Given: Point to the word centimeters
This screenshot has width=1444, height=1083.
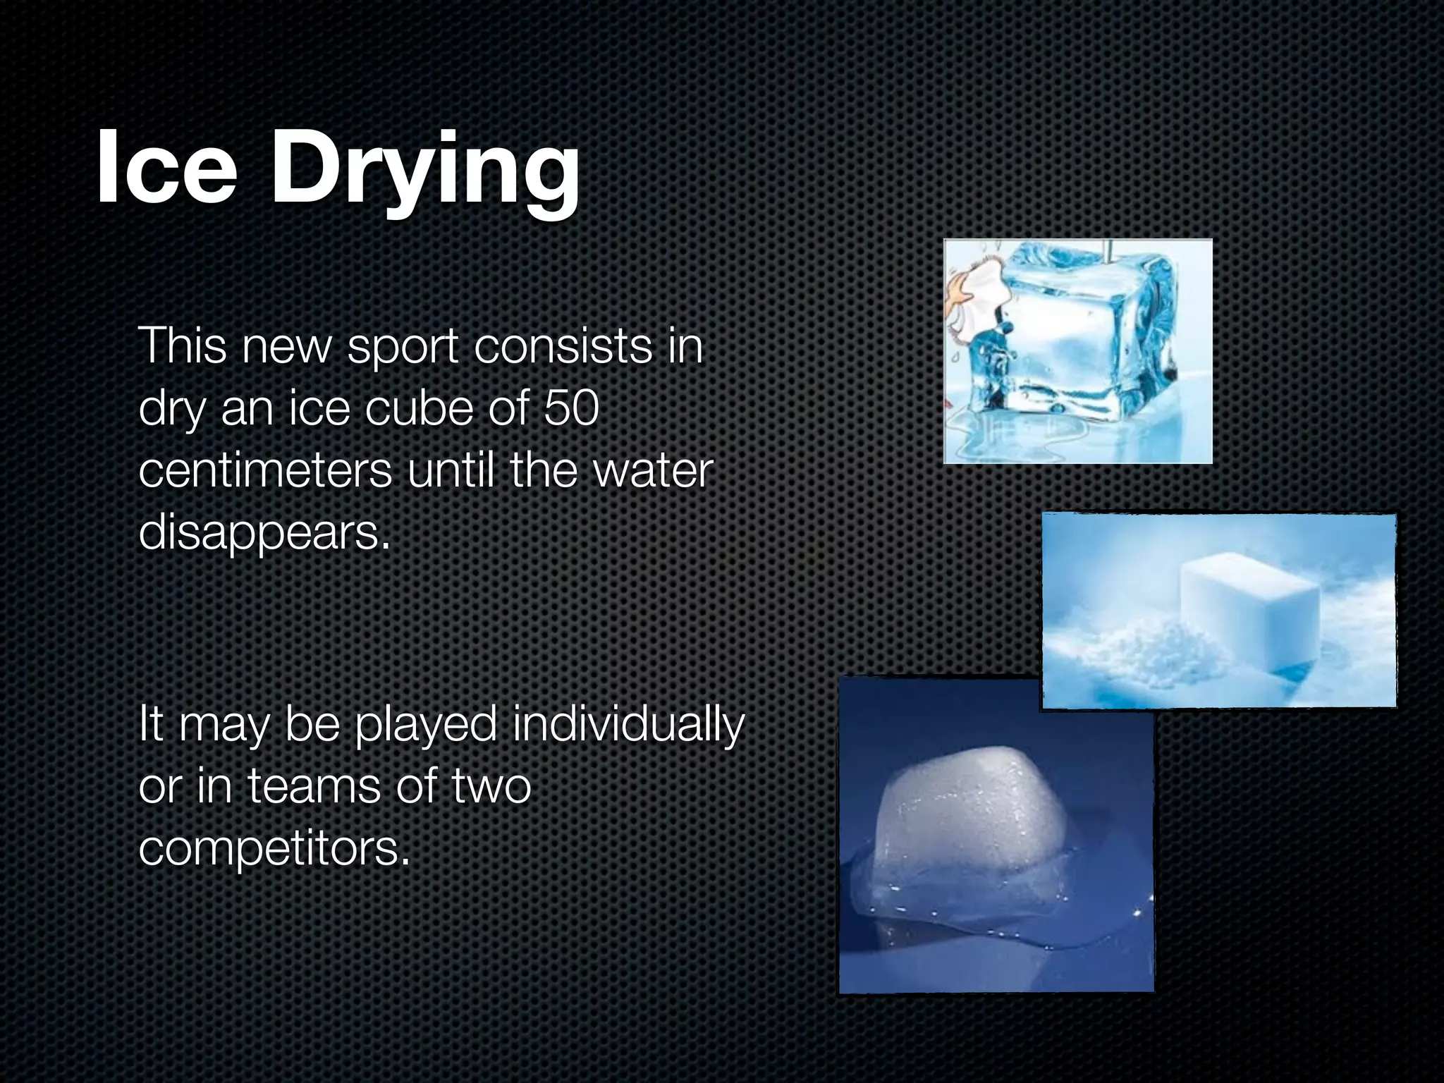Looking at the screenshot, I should pos(265,471).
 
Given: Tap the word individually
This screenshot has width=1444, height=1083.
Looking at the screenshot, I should pos(628,725).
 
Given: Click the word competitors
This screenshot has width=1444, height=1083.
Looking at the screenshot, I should pos(274,848).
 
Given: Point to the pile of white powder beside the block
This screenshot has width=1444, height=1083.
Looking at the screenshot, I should pos(1128,652).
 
